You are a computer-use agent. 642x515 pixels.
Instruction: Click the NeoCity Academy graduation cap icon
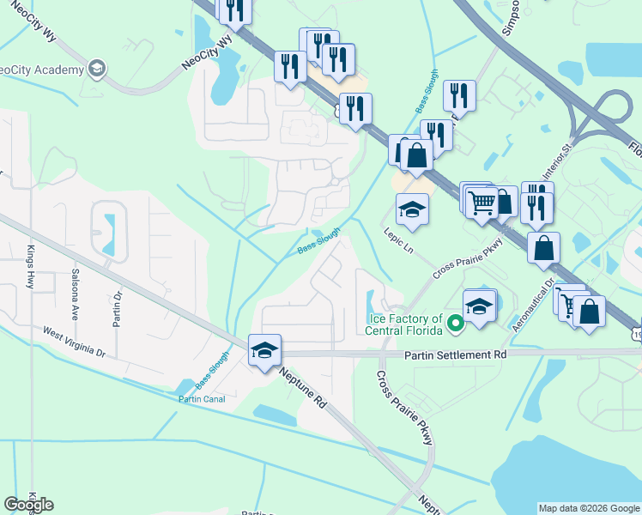[98, 68]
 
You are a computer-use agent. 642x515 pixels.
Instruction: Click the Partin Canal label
[201, 399]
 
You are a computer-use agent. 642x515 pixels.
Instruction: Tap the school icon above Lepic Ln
[412, 209]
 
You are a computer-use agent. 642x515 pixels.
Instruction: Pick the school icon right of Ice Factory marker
[480, 306]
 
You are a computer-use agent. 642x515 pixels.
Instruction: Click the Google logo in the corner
[29, 504]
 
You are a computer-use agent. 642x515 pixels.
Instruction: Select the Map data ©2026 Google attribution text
[588, 508]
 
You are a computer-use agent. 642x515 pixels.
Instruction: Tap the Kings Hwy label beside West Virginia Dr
[30, 265]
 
